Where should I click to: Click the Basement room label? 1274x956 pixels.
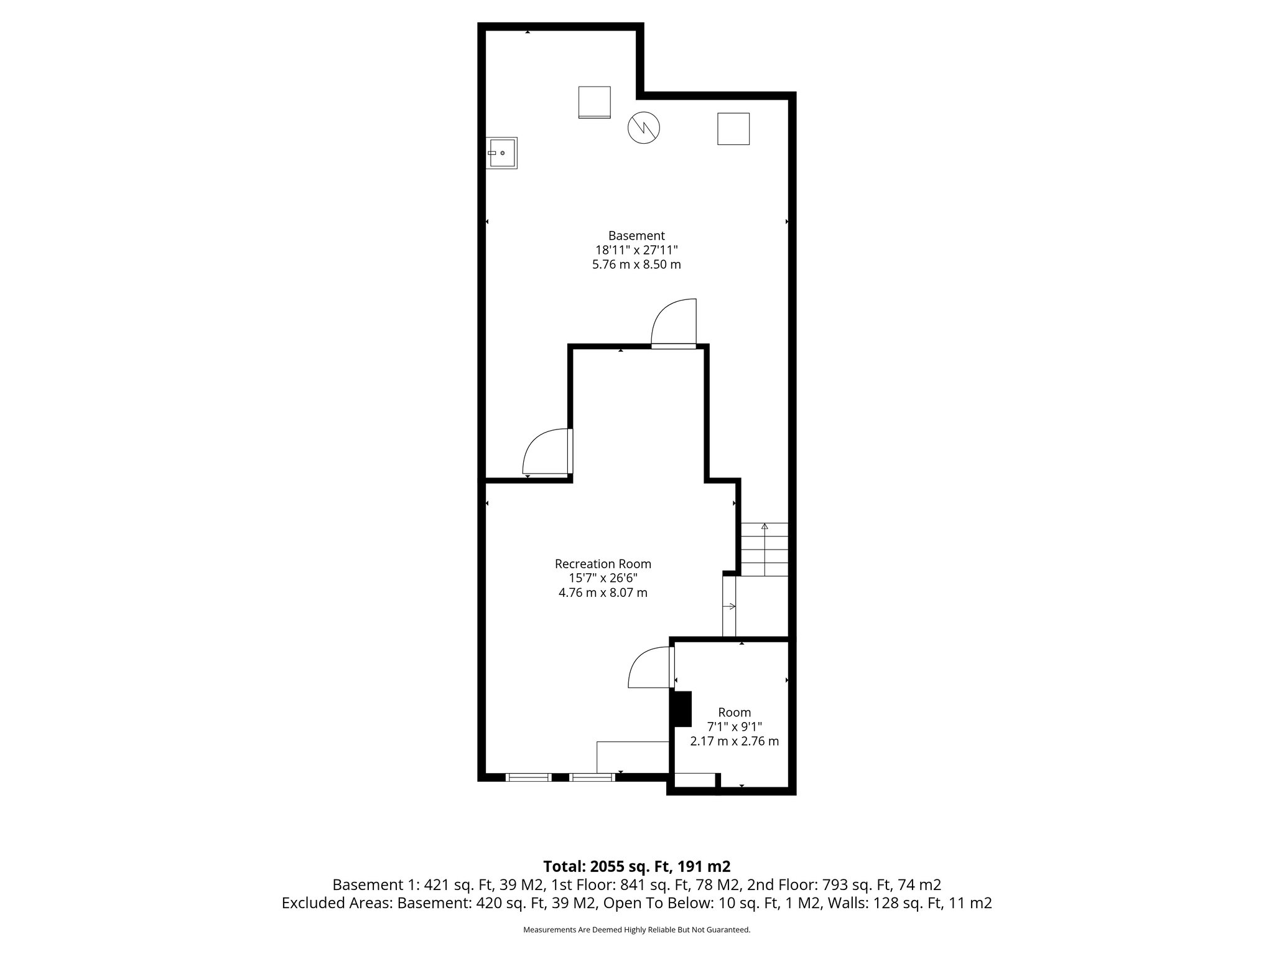pyautogui.click(x=636, y=236)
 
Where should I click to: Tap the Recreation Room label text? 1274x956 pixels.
pyautogui.click(x=603, y=564)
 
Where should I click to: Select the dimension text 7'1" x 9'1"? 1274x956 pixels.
pyautogui.click(x=734, y=726)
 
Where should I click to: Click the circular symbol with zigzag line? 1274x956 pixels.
pyautogui.click(x=643, y=128)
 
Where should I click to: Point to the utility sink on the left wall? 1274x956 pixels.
pyautogui.click(x=501, y=152)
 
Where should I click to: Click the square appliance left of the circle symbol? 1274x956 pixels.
pyautogui.click(x=594, y=102)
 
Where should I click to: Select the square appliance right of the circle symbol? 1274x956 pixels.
pyautogui.click(x=733, y=129)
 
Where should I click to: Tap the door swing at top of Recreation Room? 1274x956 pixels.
pyautogui.click(x=674, y=324)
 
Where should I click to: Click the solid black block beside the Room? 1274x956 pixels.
pyautogui.click(x=682, y=709)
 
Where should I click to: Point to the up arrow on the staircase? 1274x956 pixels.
pyautogui.click(x=765, y=527)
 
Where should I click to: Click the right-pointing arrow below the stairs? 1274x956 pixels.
pyautogui.click(x=729, y=606)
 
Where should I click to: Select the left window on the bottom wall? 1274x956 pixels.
pyautogui.click(x=528, y=777)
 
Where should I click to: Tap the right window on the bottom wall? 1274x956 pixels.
pyautogui.click(x=592, y=777)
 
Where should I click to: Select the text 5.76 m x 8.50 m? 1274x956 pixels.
pyautogui.click(x=636, y=265)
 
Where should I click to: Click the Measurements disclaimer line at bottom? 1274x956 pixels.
pyautogui.click(x=636, y=930)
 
